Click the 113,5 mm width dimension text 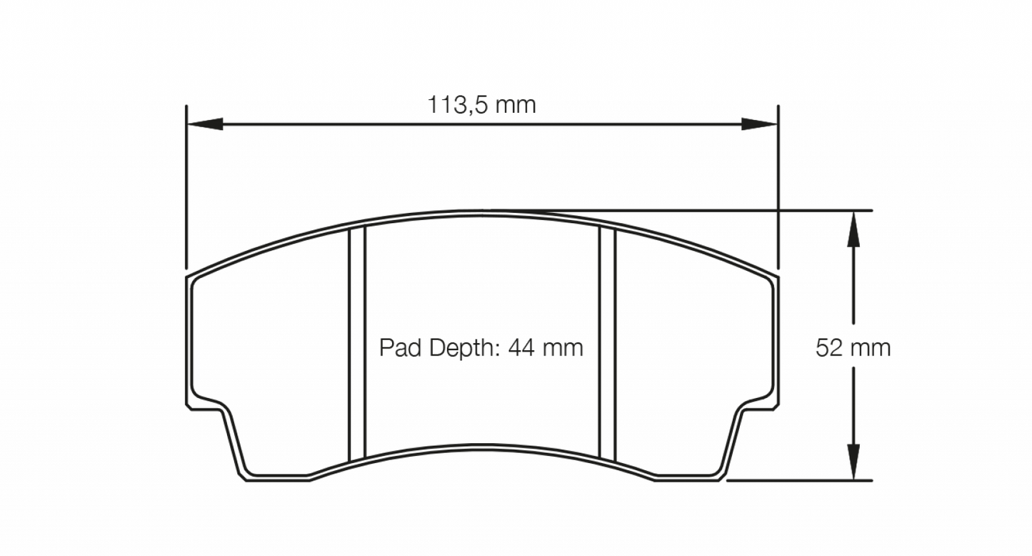pyautogui.click(x=481, y=106)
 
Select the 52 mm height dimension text pyautogui.click(x=853, y=349)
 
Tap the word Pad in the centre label pyautogui.click(x=396, y=349)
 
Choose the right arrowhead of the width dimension pyautogui.click(x=758, y=124)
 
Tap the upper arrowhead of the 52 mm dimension pyautogui.click(x=852, y=229)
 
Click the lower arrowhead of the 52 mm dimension pyautogui.click(x=852, y=462)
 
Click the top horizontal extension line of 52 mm pyautogui.click(x=821, y=211)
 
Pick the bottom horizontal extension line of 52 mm pyautogui.click(x=800, y=480)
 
